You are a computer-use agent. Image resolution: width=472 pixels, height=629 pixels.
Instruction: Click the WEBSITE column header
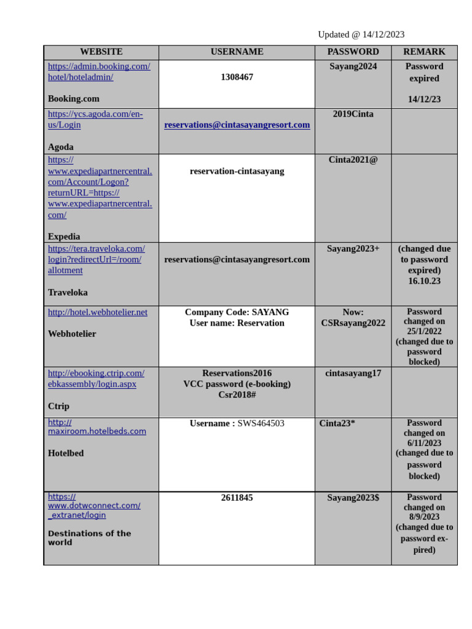pyautogui.click(x=101, y=52)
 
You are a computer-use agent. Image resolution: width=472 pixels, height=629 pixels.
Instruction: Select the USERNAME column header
pyautogui.click(x=237, y=52)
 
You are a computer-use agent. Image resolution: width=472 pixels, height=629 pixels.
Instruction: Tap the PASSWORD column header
pyautogui.click(x=353, y=52)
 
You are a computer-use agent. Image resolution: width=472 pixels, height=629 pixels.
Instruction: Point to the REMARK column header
pyautogui.click(x=424, y=52)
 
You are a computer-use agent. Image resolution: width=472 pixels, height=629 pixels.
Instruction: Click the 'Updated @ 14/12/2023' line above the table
pyautogui.click(x=361, y=34)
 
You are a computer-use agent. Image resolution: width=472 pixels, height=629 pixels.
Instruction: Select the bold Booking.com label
pyautogui.click(x=74, y=99)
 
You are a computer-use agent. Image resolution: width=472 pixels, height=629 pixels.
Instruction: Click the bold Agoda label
pyautogui.click(x=61, y=147)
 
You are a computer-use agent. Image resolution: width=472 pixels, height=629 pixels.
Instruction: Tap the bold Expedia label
pyautogui.click(x=64, y=236)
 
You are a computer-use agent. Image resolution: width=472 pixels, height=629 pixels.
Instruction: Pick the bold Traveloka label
pyautogui.click(x=68, y=292)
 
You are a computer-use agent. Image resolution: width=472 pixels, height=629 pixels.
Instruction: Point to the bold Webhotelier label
pyautogui.click(x=72, y=334)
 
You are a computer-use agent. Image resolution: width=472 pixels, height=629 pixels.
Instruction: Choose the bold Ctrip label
pyautogui.click(x=59, y=406)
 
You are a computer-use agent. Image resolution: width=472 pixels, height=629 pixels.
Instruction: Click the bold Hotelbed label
pyautogui.click(x=66, y=453)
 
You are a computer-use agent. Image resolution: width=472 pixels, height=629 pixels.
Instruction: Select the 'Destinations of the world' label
pyautogui.click(x=89, y=537)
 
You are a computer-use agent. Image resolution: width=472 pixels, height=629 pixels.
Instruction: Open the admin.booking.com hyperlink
pyautogui.click(x=99, y=72)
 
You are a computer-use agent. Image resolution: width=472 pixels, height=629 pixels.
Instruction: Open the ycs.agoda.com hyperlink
pyautogui.click(x=95, y=119)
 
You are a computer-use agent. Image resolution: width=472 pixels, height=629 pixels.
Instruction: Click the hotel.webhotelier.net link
pyautogui.click(x=98, y=313)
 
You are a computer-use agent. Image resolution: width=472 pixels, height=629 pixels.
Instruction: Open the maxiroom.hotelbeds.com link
pyautogui.click(x=97, y=427)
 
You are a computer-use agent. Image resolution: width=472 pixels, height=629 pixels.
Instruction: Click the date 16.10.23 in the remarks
pyautogui.click(x=424, y=281)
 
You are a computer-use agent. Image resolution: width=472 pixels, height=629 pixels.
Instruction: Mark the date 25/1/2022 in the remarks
pyautogui.click(x=424, y=332)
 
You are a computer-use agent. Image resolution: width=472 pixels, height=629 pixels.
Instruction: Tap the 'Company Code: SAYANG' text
pyautogui.click(x=237, y=313)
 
